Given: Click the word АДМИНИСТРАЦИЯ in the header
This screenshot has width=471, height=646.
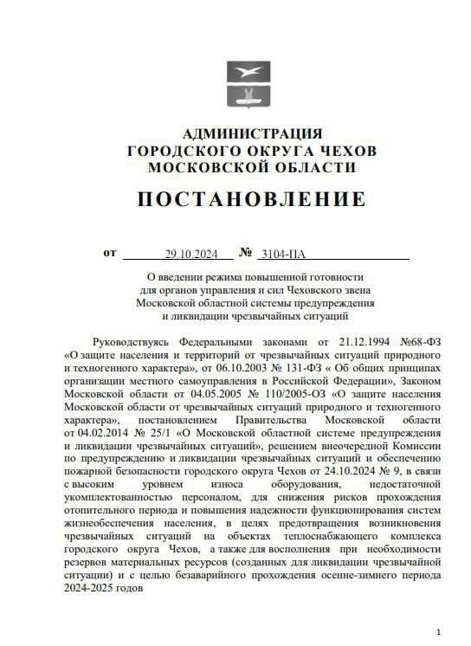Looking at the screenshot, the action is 252,133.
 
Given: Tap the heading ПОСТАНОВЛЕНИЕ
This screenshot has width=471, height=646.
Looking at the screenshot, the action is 251,199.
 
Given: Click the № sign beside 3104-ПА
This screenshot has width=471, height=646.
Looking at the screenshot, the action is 245,253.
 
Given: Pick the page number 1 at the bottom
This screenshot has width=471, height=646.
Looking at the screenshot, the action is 439,632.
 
